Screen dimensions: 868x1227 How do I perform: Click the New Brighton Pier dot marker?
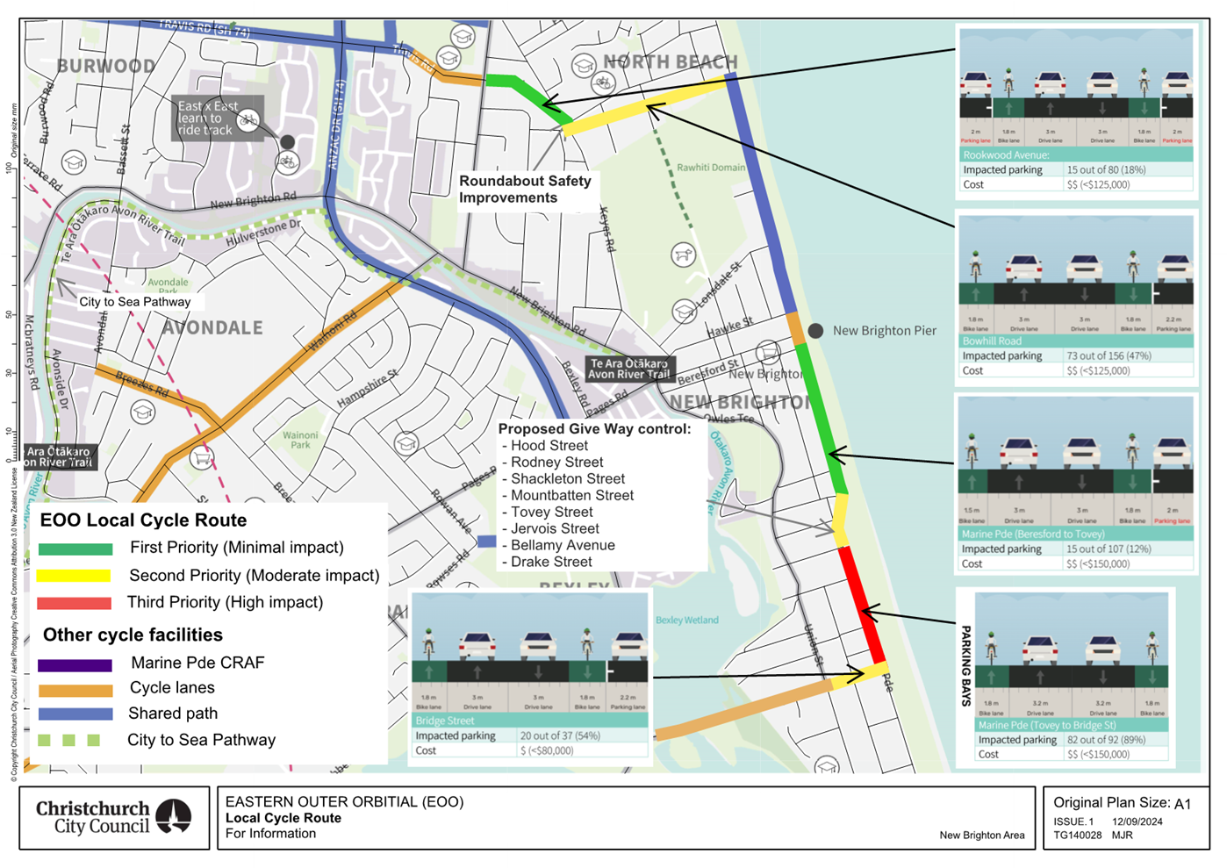(815, 331)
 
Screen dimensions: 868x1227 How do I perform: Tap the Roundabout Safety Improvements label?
(525, 189)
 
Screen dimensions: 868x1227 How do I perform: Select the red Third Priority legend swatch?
(75, 603)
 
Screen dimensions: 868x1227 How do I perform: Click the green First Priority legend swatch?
(75, 549)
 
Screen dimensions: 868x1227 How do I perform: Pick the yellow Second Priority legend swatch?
(75, 576)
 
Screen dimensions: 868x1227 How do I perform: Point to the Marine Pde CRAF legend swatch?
(75, 664)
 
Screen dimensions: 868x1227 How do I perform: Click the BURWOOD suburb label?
(105, 66)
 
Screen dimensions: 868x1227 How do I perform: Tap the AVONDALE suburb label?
(212, 327)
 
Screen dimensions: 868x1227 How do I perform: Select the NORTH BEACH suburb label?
(671, 61)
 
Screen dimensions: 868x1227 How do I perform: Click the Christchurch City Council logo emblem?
(174, 816)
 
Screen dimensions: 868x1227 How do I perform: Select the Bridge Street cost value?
(546, 750)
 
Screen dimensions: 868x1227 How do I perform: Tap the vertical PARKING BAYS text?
(965, 665)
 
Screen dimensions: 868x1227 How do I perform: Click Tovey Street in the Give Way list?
(551, 512)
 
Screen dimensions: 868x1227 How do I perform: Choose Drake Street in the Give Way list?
(551, 562)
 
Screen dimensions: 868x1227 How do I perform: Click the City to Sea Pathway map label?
(134, 302)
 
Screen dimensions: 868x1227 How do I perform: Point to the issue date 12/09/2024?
(1137, 821)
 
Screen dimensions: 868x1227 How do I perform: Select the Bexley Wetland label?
(686, 620)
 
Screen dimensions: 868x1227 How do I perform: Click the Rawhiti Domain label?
(710, 167)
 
